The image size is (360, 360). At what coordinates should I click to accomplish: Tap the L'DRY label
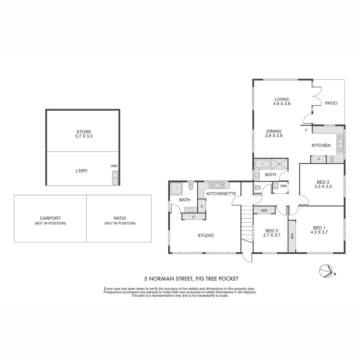(x=82, y=171)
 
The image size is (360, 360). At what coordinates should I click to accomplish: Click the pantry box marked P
(x=318, y=160)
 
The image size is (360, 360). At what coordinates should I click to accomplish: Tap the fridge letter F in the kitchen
(x=306, y=130)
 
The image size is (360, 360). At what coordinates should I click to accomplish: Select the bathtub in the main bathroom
(x=263, y=164)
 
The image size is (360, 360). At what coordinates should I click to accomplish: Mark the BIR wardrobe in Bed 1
(x=292, y=236)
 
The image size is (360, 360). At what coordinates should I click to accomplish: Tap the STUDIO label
(x=206, y=235)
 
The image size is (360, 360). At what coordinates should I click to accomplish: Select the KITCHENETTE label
(x=221, y=194)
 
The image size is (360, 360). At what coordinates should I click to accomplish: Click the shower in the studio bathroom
(x=176, y=189)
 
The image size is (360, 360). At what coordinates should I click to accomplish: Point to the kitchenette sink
(x=217, y=185)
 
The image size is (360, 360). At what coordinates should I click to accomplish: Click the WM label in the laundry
(x=114, y=166)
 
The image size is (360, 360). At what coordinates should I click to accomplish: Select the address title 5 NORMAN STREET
(x=191, y=279)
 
